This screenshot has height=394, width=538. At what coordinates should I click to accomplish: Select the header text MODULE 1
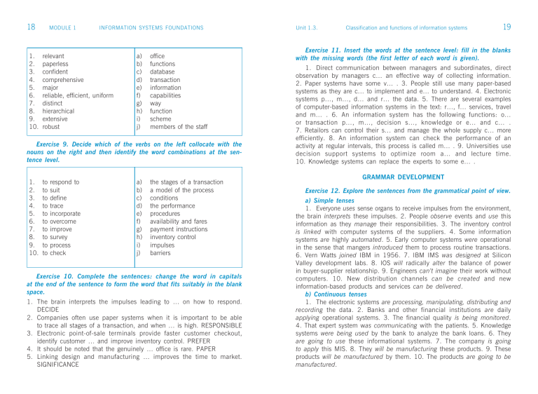coord(62,28)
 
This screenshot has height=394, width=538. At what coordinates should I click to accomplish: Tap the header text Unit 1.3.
coord(308,28)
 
